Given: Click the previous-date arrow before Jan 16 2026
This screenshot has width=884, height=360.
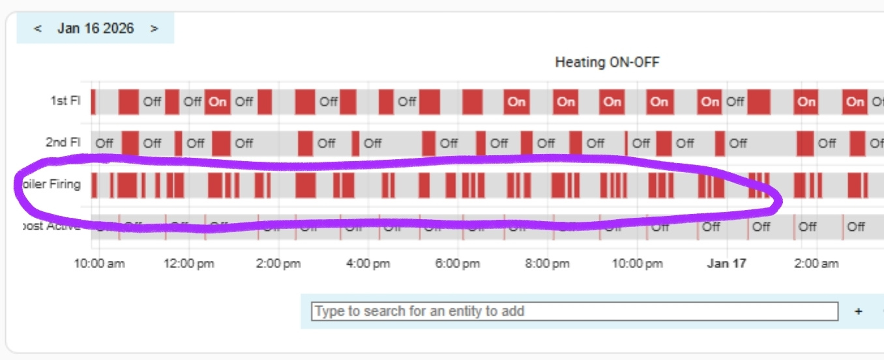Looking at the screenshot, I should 38,29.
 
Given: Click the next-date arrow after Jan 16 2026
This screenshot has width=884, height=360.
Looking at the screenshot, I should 154,29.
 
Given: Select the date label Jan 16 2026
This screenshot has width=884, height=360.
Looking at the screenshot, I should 95,29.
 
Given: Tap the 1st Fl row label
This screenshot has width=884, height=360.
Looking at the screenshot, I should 65,101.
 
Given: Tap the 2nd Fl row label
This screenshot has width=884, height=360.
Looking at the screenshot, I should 63,142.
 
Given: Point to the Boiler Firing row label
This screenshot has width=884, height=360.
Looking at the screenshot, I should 50,185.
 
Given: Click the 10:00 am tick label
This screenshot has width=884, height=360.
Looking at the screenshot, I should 99,263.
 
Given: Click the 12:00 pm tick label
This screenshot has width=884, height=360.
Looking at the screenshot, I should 188,263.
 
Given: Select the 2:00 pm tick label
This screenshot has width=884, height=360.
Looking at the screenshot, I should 278,263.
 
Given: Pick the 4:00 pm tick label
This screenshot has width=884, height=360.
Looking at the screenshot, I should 368,263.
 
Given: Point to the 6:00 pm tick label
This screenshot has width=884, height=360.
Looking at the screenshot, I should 457,263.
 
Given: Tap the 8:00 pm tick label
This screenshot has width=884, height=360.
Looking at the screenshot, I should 547,263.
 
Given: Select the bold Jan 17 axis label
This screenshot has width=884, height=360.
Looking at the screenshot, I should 727,263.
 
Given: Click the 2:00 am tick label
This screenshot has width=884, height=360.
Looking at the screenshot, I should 816,263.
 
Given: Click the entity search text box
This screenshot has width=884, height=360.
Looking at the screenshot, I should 574,311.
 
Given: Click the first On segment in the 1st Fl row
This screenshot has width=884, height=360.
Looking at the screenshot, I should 218,102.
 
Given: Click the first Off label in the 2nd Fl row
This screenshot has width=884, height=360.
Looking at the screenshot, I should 104,143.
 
